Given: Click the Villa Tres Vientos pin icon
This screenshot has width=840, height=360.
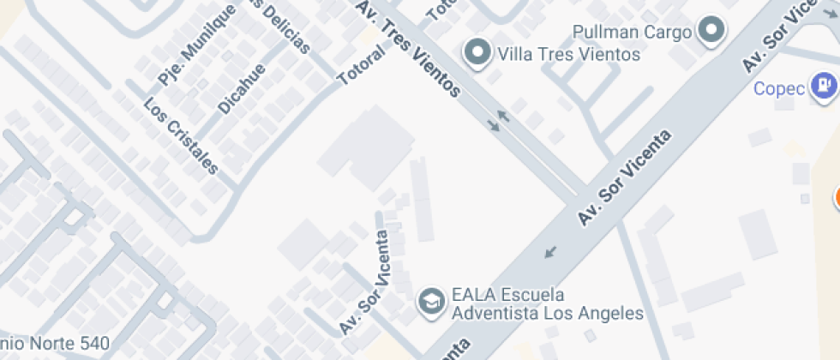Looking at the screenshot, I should coord(477,53).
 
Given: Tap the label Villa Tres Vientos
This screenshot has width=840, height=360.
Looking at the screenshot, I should coord(568,55).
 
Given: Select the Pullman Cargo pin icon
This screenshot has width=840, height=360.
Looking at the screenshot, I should coord(711,32).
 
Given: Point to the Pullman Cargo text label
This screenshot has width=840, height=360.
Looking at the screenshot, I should coord(633,33).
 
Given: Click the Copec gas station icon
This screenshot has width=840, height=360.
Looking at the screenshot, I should coord(825,87).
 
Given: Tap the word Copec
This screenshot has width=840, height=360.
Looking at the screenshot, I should coord(779,88).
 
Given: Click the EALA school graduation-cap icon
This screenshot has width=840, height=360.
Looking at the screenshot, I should coord(430,300).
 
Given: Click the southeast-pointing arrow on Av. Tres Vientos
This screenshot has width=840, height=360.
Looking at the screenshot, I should coord(493,126).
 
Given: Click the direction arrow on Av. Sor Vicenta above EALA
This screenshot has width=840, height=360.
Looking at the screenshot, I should coord(549,252).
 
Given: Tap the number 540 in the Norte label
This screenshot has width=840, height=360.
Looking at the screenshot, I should coord(93,345).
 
